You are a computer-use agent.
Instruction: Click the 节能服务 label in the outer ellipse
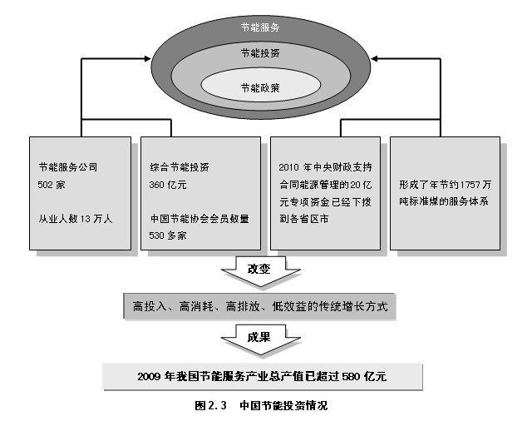coord(260,27)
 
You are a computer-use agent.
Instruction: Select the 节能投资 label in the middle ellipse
coord(260,53)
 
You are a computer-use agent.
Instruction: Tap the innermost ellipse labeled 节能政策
coord(260,85)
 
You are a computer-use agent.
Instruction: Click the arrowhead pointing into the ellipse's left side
coord(148,59)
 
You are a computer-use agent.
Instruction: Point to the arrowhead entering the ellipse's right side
coord(374,59)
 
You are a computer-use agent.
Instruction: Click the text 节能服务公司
coord(68,167)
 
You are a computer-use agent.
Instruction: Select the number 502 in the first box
coord(45,185)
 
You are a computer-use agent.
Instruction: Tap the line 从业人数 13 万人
coord(75,219)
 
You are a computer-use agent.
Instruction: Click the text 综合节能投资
coord(180,167)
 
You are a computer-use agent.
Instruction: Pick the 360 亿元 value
coord(168,185)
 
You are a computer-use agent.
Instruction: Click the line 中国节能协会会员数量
coord(199,219)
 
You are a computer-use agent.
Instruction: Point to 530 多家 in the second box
coord(168,235)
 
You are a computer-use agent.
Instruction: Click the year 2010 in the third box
coord(288,167)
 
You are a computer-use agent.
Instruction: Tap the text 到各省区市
coord(304,219)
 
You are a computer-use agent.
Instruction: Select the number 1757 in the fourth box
coord(470,185)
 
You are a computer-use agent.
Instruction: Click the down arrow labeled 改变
coord(260,271)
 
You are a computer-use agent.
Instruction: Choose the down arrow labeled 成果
coord(260,339)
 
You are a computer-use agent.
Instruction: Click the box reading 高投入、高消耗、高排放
coord(259,306)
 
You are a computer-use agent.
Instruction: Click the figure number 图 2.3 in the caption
coord(210,405)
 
